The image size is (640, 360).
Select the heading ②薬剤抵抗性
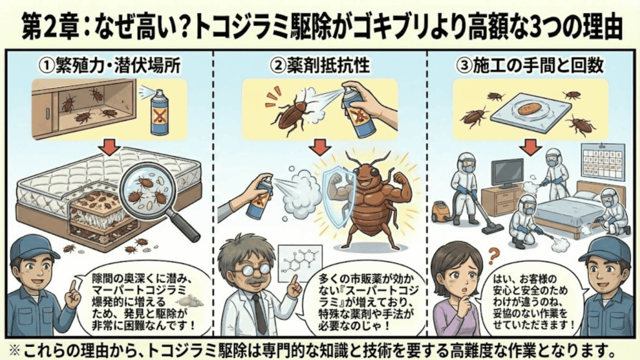point(319,64)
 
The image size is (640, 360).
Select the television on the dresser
point(507,172)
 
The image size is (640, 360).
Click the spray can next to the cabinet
point(159,112)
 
